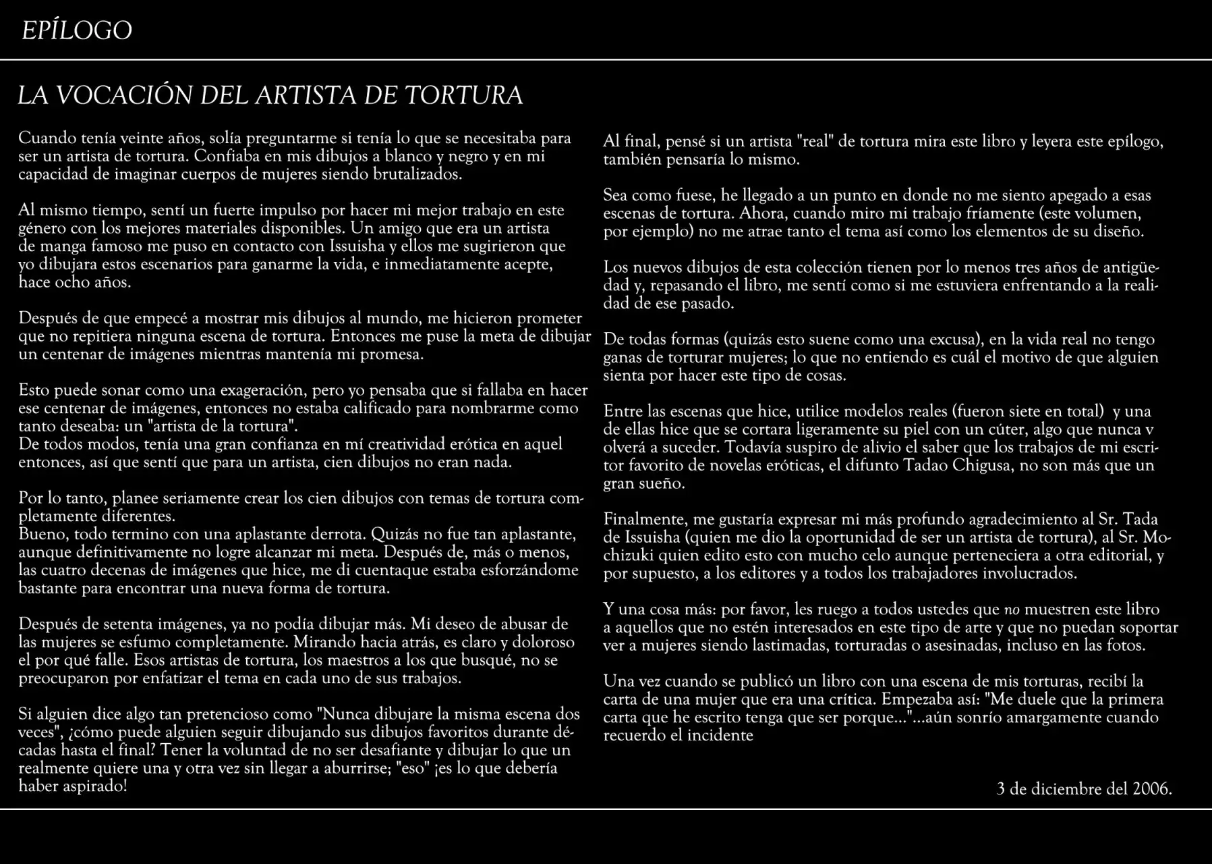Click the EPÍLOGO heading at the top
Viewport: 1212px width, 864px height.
[77, 31]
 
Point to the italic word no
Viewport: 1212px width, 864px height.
[1012, 610]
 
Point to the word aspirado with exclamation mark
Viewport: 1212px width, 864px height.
[94, 786]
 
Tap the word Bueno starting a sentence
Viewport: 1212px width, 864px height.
[40, 534]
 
